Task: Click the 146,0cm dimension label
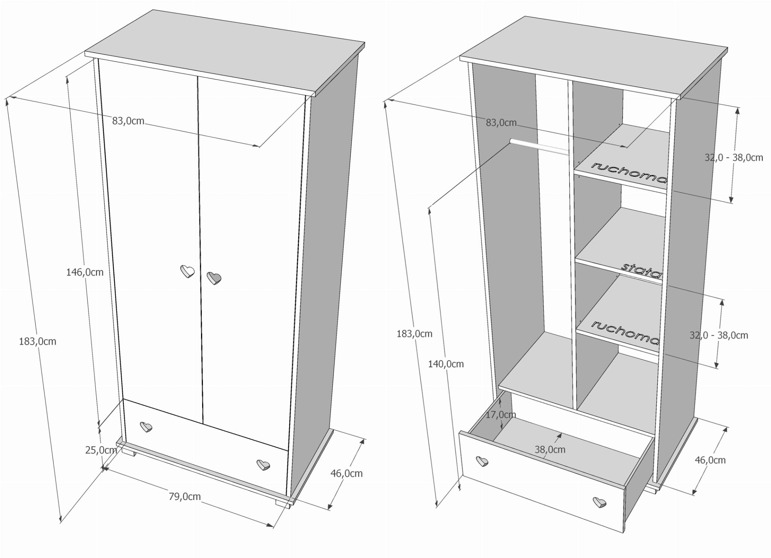[85, 272]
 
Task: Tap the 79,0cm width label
[184, 497]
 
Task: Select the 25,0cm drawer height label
[101, 450]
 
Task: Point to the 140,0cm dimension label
[446, 364]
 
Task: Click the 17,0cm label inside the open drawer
[501, 415]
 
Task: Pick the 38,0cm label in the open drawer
[550, 449]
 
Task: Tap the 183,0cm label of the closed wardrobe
[38, 341]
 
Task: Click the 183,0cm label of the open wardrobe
[414, 333]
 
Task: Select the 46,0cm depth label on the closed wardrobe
[346, 474]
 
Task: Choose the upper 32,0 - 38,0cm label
[734, 157]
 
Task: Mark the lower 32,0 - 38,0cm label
[719, 335]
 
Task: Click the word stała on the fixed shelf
[641, 270]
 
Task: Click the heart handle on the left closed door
[187, 271]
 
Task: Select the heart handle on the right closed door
[214, 278]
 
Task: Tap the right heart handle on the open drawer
[599, 502]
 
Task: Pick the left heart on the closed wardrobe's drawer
[146, 427]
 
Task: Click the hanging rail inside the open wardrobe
[539, 146]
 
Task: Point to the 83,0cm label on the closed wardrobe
[128, 121]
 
